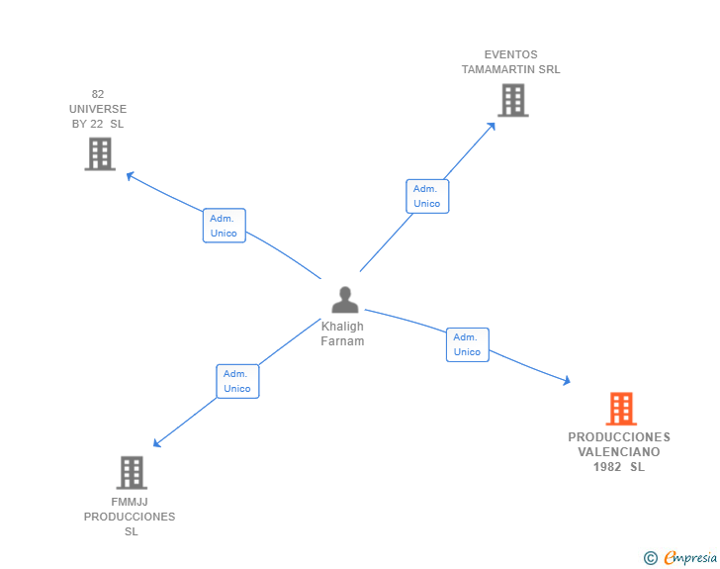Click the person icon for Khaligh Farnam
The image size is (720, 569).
tap(345, 300)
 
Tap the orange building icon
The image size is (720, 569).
tap(621, 409)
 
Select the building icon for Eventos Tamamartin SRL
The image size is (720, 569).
tap(513, 100)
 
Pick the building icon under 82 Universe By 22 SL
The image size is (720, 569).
tap(100, 154)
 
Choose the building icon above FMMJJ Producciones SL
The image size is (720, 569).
tap(132, 472)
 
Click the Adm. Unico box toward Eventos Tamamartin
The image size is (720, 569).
tap(427, 196)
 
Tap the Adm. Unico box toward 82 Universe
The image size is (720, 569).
tap(225, 226)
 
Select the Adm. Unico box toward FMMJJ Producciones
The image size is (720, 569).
tap(237, 382)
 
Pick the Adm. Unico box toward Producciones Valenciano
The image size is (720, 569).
tap(468, 344)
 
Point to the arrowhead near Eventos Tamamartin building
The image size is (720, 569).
tap(492, 127)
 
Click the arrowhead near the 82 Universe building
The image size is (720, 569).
tap(130, 176)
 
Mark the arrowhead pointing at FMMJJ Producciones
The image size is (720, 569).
tap(156, 443)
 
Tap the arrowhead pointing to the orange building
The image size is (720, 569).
tap(567, 380)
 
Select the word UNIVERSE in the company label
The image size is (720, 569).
tap(98, 109)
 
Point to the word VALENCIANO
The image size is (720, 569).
tap(619, 452)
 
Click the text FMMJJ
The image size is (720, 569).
tap(130, 502)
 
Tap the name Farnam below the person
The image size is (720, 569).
tap(342, 341)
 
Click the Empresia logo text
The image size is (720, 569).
tap(690, 557)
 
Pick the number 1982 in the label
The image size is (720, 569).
tap(607, 467)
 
